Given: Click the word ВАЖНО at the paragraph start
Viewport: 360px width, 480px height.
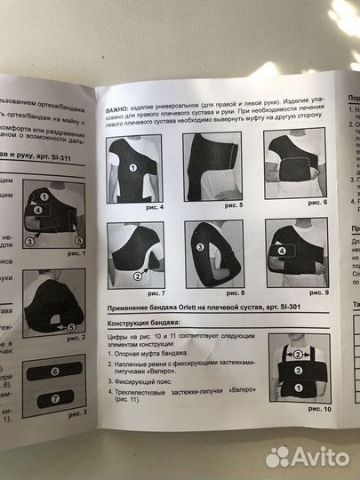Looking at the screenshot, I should point(119,94).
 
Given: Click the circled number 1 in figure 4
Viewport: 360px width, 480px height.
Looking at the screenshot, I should point(132,167).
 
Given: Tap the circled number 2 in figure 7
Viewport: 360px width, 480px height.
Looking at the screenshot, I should point(137,276).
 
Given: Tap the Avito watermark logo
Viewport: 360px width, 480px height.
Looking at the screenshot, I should point(308,456).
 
